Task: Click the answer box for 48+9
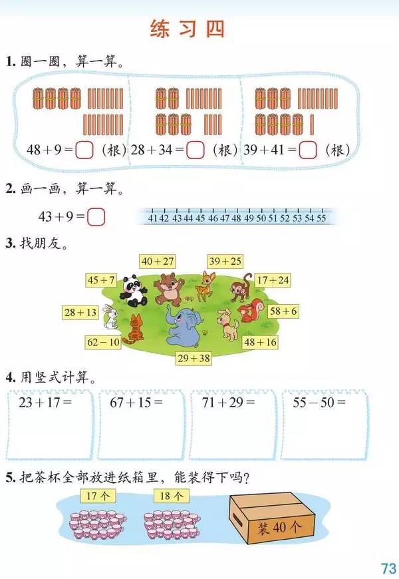coord(84,150)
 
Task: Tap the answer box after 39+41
coord(307,150)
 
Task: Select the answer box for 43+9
coord(96,217)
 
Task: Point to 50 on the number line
coord(261,218)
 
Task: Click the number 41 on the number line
coord(153,218)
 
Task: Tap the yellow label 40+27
coord(158,262)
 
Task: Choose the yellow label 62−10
coord(103,342)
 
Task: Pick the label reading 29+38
coord(194,358)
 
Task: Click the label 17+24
coord(273,280)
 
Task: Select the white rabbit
coord(110,317)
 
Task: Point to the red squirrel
coord(251,311)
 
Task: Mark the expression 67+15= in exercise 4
coord(136,402)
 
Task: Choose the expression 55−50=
coord(319,402)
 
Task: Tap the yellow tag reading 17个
coord(98,496)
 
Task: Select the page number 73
coord(388,568)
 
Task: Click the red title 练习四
coord(187,29)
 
